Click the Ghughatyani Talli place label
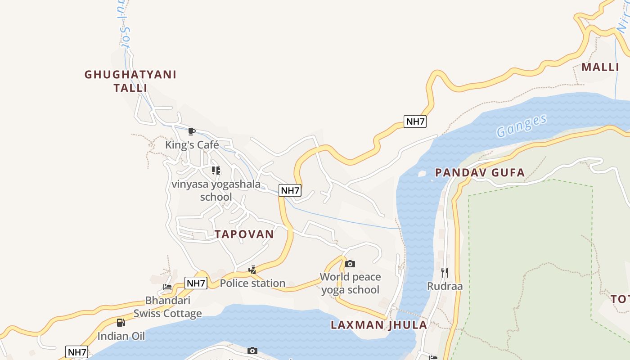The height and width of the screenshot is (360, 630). click(130, 81)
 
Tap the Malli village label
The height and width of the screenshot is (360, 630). click(600, 67)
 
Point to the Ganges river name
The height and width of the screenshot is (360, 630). click(522, 126)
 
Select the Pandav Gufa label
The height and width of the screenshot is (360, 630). click(480, 172)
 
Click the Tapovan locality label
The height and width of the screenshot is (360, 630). click(244, 234)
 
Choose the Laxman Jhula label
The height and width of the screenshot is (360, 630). click(378, 325)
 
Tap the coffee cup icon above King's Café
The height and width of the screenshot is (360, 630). click(192, 131)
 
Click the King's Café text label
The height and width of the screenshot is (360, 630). click(192, 145)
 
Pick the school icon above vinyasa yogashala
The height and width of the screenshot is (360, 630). click(216, 171)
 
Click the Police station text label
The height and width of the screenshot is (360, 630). click(252, 283)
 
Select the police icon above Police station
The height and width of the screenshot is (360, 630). click(252, 270)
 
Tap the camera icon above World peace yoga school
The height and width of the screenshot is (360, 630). click(350, 264)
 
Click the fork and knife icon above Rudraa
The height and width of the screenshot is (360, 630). click(445, 272)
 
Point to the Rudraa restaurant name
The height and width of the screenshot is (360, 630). click(445, 286)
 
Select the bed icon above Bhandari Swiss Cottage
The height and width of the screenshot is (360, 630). click(167, 287)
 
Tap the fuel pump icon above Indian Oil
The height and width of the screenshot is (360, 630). click(121, 322)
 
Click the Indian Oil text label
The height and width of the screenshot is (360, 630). click(121, 336)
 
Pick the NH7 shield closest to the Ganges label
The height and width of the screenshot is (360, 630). click(414, 121)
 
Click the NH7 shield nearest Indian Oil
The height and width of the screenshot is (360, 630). click(76, 352)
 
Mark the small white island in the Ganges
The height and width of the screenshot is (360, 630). click(422, 173)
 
